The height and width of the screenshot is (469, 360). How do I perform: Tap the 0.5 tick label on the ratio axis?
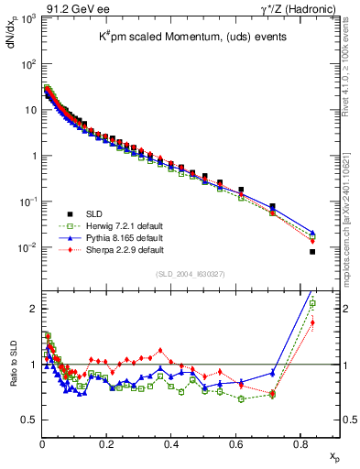pos(28,420)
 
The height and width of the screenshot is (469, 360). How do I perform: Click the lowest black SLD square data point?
pos(312,252)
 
